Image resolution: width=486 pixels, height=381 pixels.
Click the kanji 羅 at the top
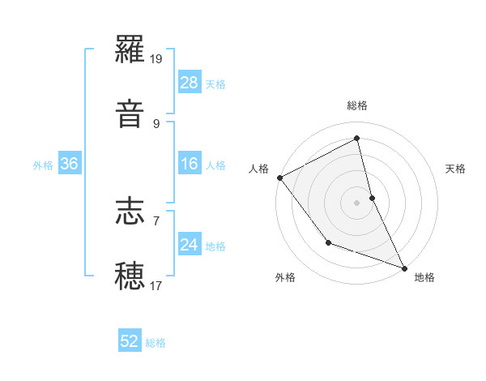point(130,53)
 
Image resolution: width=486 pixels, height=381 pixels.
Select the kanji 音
point(130,114)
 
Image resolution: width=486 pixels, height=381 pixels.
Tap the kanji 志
point(130,212)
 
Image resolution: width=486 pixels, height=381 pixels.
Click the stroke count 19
point(157,59)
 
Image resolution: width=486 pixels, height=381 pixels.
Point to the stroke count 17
point(156,285)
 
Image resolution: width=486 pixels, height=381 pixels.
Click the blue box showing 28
point(190,83)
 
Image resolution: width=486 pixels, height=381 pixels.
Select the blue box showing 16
point(190,164)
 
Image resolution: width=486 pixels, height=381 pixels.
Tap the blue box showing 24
point(190,245)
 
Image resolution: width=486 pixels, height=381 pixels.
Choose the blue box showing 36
point(70,164)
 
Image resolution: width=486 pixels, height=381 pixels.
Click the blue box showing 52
point(130,342)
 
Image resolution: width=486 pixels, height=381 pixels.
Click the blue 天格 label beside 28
point(215,84)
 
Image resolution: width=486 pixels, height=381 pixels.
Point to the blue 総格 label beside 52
point(156,343)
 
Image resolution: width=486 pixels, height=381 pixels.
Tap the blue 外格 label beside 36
point(43,165)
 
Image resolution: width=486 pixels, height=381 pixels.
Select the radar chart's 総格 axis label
point(357,105)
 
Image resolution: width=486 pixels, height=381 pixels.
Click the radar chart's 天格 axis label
point(455,169)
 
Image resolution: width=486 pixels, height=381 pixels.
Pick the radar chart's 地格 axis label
point(424,277)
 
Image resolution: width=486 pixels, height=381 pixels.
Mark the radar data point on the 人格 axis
point(279,178)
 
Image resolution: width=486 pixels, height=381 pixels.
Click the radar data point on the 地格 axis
point(404,267)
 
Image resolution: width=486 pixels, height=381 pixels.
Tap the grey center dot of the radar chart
point(357,203)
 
